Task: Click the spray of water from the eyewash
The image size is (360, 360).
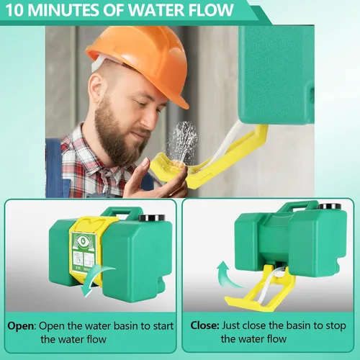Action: coord(182,142)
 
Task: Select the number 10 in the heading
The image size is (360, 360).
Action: coord(16,10)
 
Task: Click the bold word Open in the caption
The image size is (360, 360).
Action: coord(22,326)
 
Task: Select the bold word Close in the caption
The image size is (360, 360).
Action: coord(204,325)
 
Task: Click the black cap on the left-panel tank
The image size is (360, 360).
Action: coord(152,218)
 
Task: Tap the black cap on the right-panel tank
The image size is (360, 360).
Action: coord(330,206)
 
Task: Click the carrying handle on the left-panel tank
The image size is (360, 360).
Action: coord(122,213)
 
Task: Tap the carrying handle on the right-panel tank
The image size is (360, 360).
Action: coord(297,206)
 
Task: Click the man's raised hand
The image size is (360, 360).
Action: coord(153,179)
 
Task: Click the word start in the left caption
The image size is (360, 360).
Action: coord(162,326)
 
